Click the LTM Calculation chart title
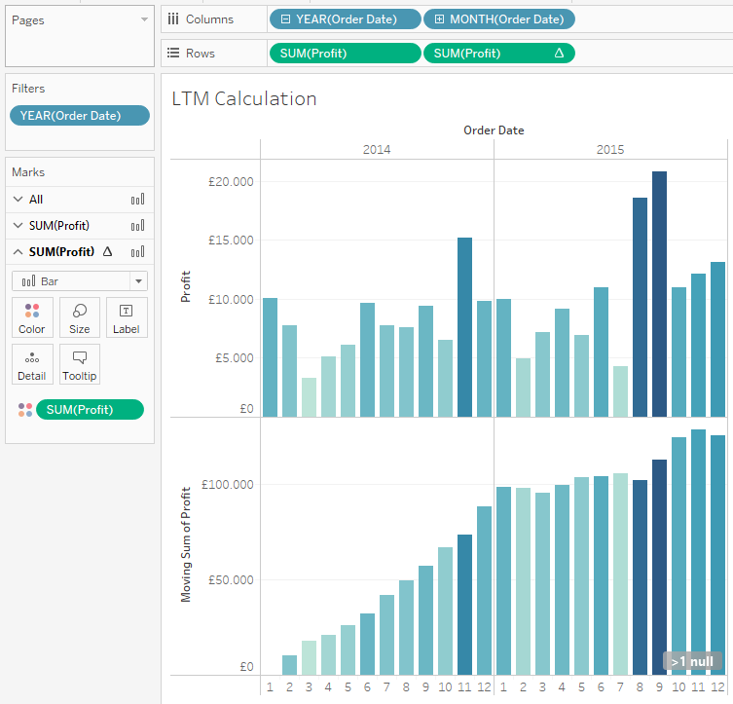click(244, 98)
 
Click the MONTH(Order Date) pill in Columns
click(499, 19)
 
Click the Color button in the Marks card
click(32, 318)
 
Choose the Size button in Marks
click(80, 318)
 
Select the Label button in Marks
click(127, 318)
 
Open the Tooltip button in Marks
click(80, 364)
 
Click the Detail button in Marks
click(32, 364)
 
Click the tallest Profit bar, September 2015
click(660, 292)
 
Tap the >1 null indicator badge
click(692, 662)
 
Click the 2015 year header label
click(610, 150)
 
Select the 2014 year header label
click(377, 150)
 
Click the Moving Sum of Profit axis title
click(186, 544)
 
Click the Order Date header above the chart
click(495, 130)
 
